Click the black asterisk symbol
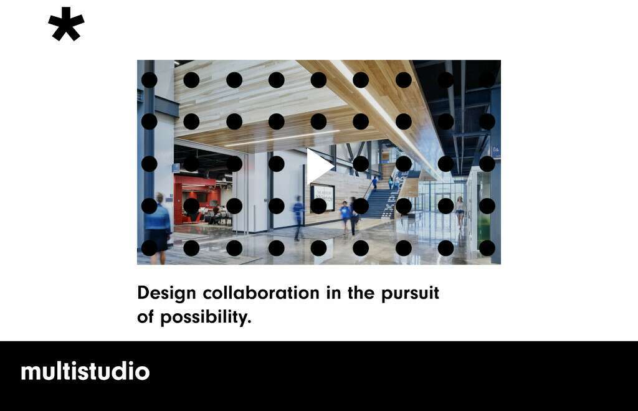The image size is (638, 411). (x=66, y=24)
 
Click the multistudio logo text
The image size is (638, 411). (x=85, y=371)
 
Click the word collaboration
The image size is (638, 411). (x=261, y=293)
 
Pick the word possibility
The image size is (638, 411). (x=206, y=318)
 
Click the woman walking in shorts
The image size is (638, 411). (x=460, y=212)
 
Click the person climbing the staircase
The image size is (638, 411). (x=374, y=182)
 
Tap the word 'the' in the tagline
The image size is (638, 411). (x=361, y=293)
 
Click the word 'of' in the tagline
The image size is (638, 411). (x=145, y=317)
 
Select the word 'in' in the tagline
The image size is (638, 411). (x=333, y=293)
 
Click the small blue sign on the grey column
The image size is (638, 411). (x=496, y=151)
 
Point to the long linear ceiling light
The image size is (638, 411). (x=282, y=138)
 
